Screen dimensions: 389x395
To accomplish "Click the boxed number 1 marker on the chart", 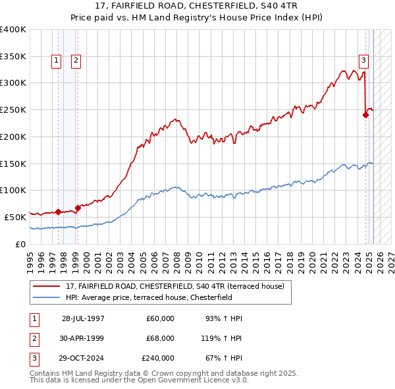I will point(57,61).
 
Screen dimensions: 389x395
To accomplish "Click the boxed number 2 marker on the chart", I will point(76,61).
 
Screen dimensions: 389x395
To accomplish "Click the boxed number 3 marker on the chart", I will point(363,61).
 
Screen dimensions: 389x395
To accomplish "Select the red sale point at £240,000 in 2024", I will point(365,114).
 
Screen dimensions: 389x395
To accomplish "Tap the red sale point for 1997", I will point(58,212).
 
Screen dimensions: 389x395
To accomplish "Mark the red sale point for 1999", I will point(78,207).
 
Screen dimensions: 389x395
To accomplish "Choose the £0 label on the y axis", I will point(20,244).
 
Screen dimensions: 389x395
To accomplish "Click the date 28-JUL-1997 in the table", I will point(83,318).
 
